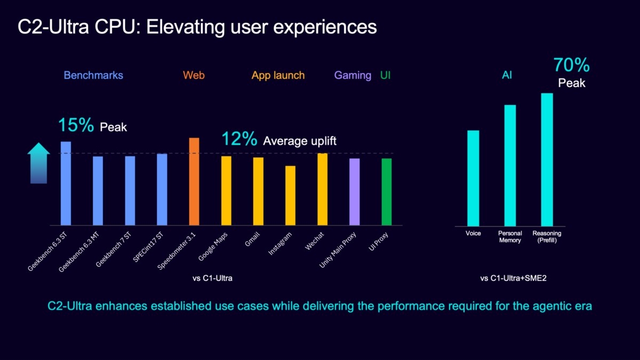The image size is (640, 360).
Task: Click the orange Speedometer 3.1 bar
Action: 194,181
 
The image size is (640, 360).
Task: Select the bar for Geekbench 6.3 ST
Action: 66,183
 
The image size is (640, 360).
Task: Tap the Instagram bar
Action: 290,195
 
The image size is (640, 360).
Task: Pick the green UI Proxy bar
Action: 387,191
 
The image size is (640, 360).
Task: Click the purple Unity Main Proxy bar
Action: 355,191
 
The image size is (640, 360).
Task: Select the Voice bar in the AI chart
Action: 473,178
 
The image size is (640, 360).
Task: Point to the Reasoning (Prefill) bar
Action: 547,159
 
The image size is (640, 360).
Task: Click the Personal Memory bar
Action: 510,166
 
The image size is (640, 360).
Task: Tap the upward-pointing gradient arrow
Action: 38,163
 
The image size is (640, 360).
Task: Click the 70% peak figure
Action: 571,65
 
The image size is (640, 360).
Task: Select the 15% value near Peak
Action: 76,125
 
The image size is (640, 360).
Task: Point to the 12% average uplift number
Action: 239,139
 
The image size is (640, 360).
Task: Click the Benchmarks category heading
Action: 93,75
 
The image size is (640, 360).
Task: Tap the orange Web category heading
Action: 194,75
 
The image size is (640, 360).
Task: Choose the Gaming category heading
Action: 353,75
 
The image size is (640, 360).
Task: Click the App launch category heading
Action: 278,75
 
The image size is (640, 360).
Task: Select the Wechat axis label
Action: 314,241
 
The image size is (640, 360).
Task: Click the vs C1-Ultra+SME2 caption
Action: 514,278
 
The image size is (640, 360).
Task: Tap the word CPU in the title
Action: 118,27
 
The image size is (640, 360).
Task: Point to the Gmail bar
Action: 258,191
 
